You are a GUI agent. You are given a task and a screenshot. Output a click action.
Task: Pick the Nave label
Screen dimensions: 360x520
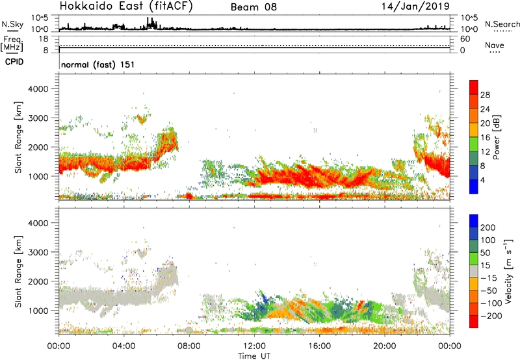pyautogui.click(x=495, y=45)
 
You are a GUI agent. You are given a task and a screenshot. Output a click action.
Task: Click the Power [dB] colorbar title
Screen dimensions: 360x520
pyautogui.click(x=497, y=139)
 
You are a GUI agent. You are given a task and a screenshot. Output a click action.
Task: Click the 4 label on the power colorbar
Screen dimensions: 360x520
pyautogui.click(x=484, y=179)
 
